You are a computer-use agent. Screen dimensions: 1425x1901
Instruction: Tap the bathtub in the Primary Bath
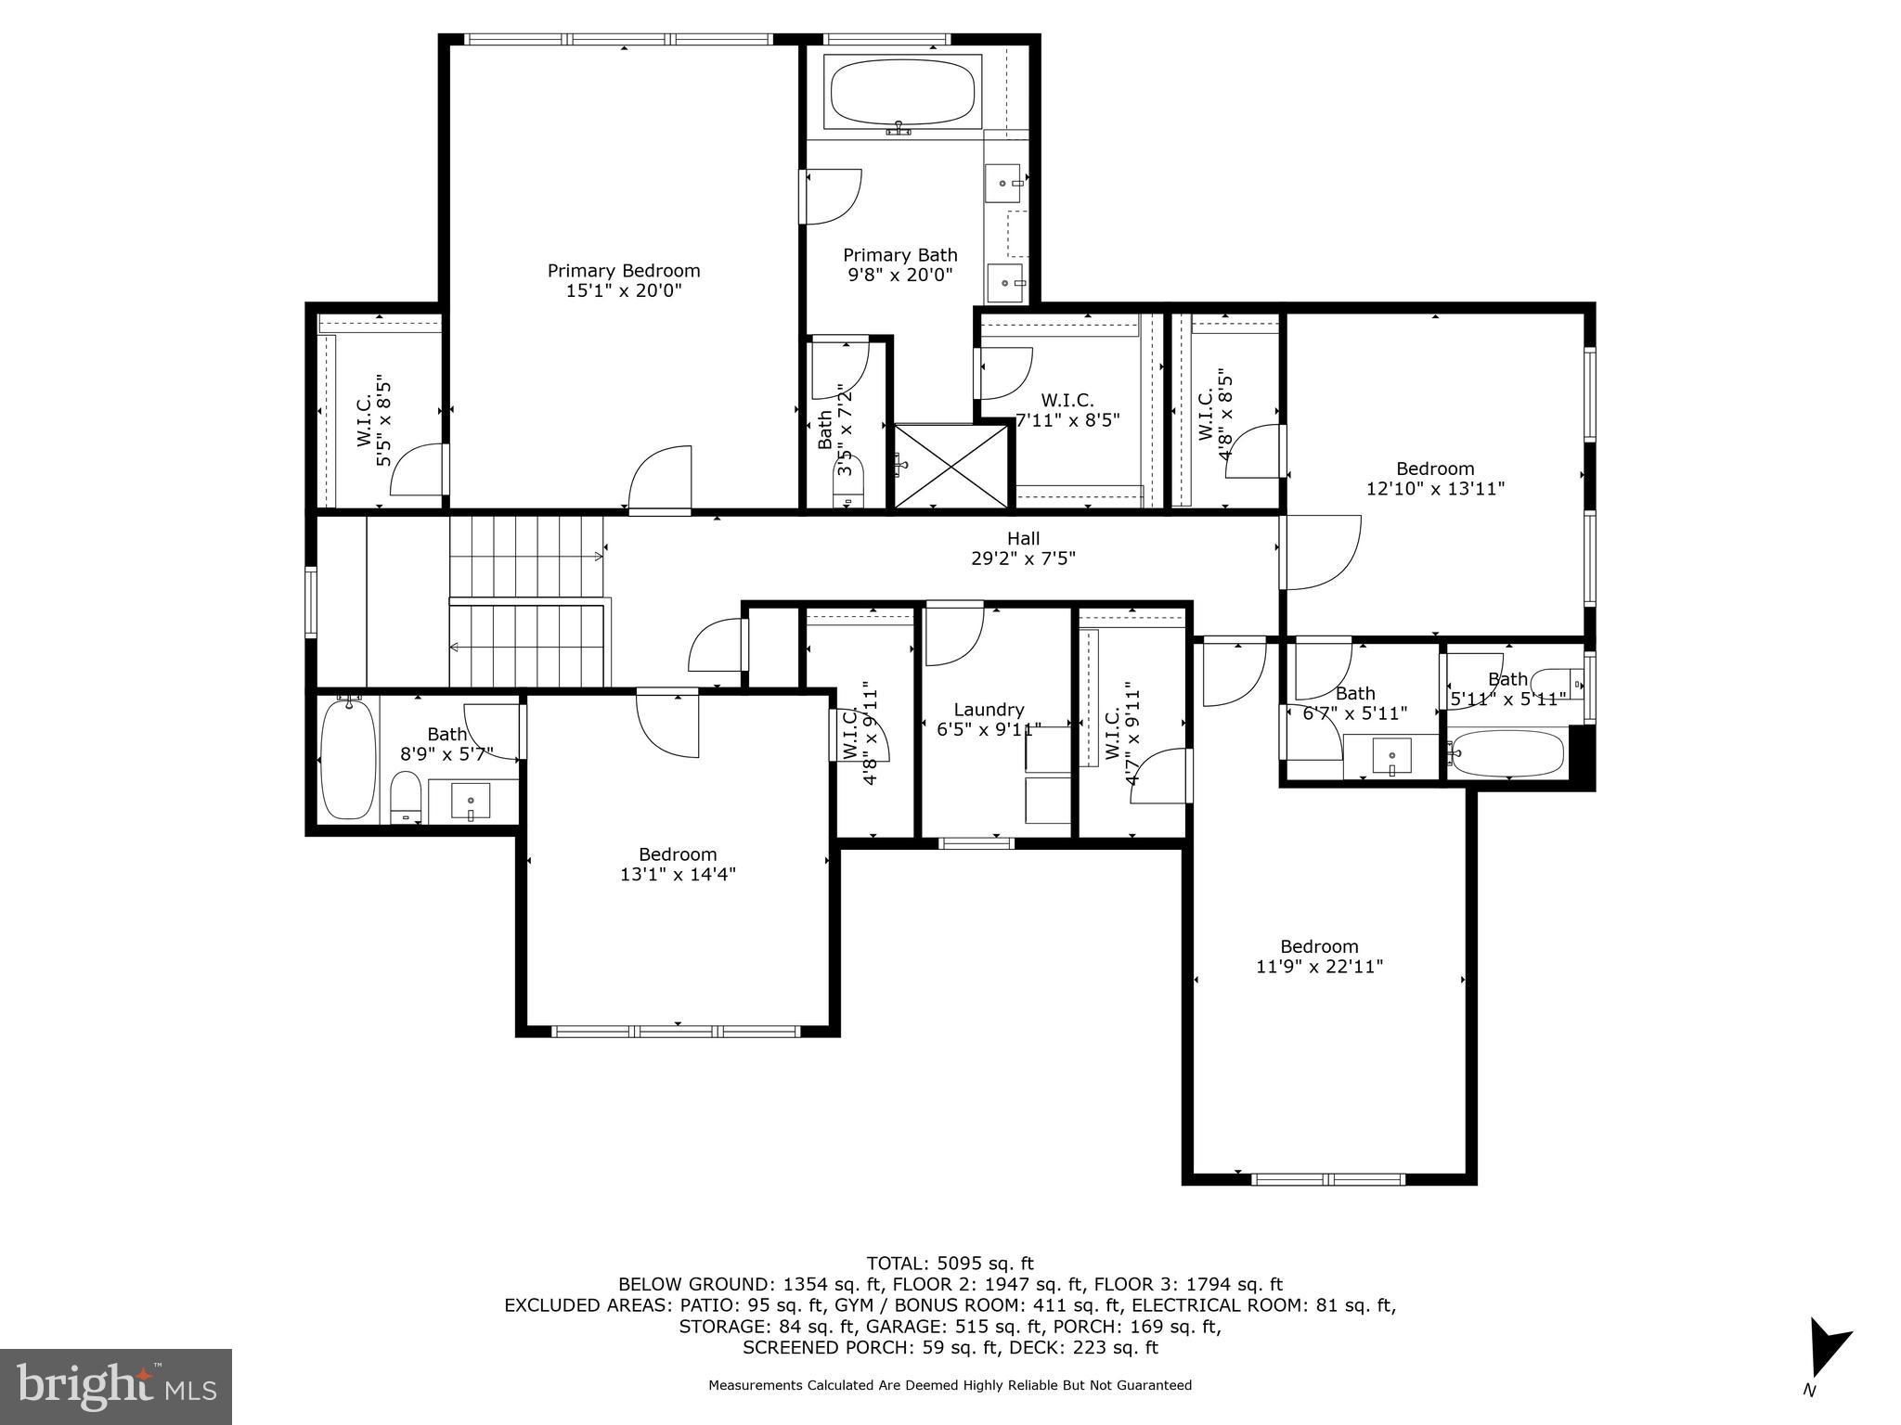(x=902, y=94)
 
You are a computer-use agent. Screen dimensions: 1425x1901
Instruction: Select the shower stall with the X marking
(x=950, y=466)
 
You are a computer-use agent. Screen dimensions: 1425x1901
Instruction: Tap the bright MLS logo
(x=116, y=1385)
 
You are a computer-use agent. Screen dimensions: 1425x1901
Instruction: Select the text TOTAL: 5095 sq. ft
(x=950, y=1263)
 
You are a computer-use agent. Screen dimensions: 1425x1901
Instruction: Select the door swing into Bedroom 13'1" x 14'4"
(x=666, y=724)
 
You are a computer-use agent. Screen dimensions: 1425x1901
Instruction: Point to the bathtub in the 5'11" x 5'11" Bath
(x=1508, y=753)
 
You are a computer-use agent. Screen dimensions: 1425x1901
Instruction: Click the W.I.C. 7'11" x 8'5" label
(x=1067, y=409)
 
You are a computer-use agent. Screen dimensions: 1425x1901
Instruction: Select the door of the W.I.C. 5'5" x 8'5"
(x=420, y=469)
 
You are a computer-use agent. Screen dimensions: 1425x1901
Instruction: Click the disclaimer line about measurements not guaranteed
(x=950, y=1385)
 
